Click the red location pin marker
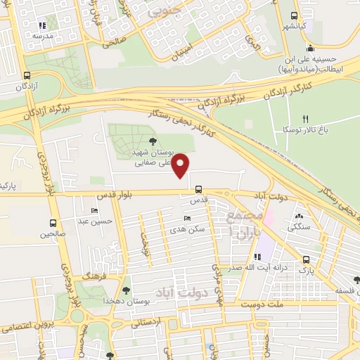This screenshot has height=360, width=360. coord(181,165)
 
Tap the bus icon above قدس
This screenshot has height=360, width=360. coord(199,189)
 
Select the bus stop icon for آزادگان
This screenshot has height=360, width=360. coord(27,75)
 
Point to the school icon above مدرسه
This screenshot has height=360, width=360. coord(34,24)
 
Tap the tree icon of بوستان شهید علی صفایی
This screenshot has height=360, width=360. coord(153,141)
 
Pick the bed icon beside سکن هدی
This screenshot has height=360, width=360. coord(186,219)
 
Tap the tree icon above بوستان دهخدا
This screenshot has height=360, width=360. coord(127,290)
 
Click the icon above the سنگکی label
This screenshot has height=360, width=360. coord(300,217)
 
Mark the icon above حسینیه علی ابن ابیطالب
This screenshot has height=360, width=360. coord(310,49)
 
